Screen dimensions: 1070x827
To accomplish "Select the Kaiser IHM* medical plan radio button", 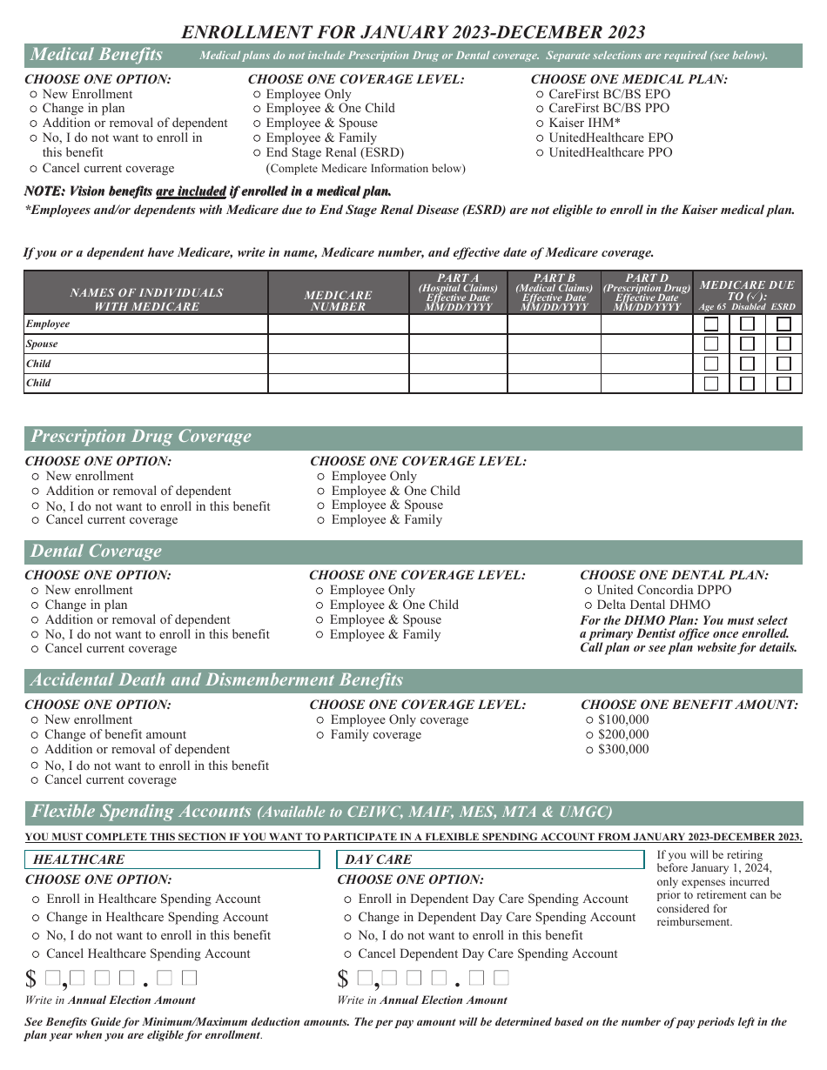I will (x=540, y=124).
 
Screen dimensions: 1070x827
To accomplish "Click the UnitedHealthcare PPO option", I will (x=540, y=153).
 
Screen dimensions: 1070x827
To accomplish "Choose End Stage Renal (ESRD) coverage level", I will (x=258, y=153).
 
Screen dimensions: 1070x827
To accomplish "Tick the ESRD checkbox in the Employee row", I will (x=783, y=324).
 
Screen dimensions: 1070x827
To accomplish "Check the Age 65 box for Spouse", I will (x=711, y=344).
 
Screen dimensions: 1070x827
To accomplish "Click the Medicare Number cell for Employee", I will (x=338, y=324).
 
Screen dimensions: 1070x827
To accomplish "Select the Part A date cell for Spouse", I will (x=457, y=344).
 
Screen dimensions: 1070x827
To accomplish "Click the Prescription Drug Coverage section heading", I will (x=141, y=438).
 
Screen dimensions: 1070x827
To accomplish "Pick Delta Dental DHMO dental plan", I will (x=588, y=605).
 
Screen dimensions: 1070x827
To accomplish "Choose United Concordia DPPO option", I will (x=588, y=591).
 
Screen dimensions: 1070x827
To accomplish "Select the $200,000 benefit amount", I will (x=589, y=735).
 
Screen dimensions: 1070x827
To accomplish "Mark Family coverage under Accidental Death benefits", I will (x=321, y=736).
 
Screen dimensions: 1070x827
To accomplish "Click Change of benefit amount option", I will (x=35, y=736).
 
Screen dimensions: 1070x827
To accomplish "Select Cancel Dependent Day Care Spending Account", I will (x=348, y=954).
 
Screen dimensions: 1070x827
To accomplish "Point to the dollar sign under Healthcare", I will (x=31, y=980).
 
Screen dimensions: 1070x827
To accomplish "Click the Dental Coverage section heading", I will (x=97, y=552).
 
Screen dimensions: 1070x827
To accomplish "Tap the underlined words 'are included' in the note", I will (x=191, y=191).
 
